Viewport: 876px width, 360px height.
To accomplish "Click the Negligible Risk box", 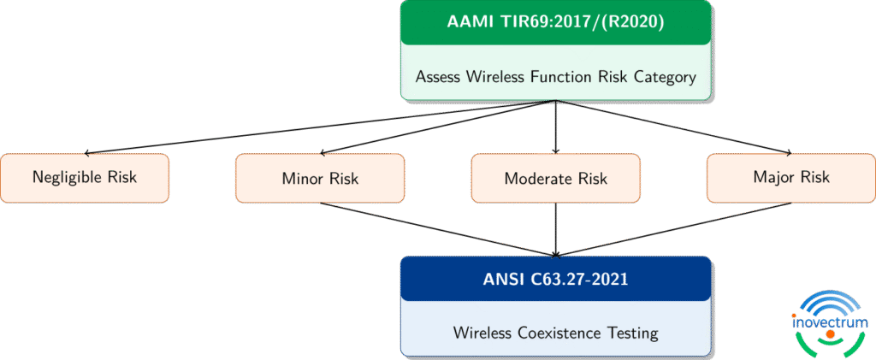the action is pos(85,178).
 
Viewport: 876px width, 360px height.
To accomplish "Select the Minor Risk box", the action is pos(320,178).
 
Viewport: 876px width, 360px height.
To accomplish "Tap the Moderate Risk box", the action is pos(556,178).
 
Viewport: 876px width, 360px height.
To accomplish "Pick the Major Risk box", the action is pos(791,178).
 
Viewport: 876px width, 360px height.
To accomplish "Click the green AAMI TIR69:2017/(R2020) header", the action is pos(556,23).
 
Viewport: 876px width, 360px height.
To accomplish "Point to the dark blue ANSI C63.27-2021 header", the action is pos(556,279).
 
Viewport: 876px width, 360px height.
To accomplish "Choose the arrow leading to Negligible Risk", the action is pos(319,127).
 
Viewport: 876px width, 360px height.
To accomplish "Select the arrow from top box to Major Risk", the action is pos(673,127).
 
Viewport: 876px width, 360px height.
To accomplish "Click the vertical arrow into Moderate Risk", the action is pos(556,127).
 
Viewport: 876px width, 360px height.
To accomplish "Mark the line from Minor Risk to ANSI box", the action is pos(438,229).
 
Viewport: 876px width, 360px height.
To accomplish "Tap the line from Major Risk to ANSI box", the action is pos(673,229).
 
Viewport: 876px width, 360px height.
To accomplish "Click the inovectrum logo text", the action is pos(830,322).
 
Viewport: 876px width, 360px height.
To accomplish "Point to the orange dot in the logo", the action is pos(830,333).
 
